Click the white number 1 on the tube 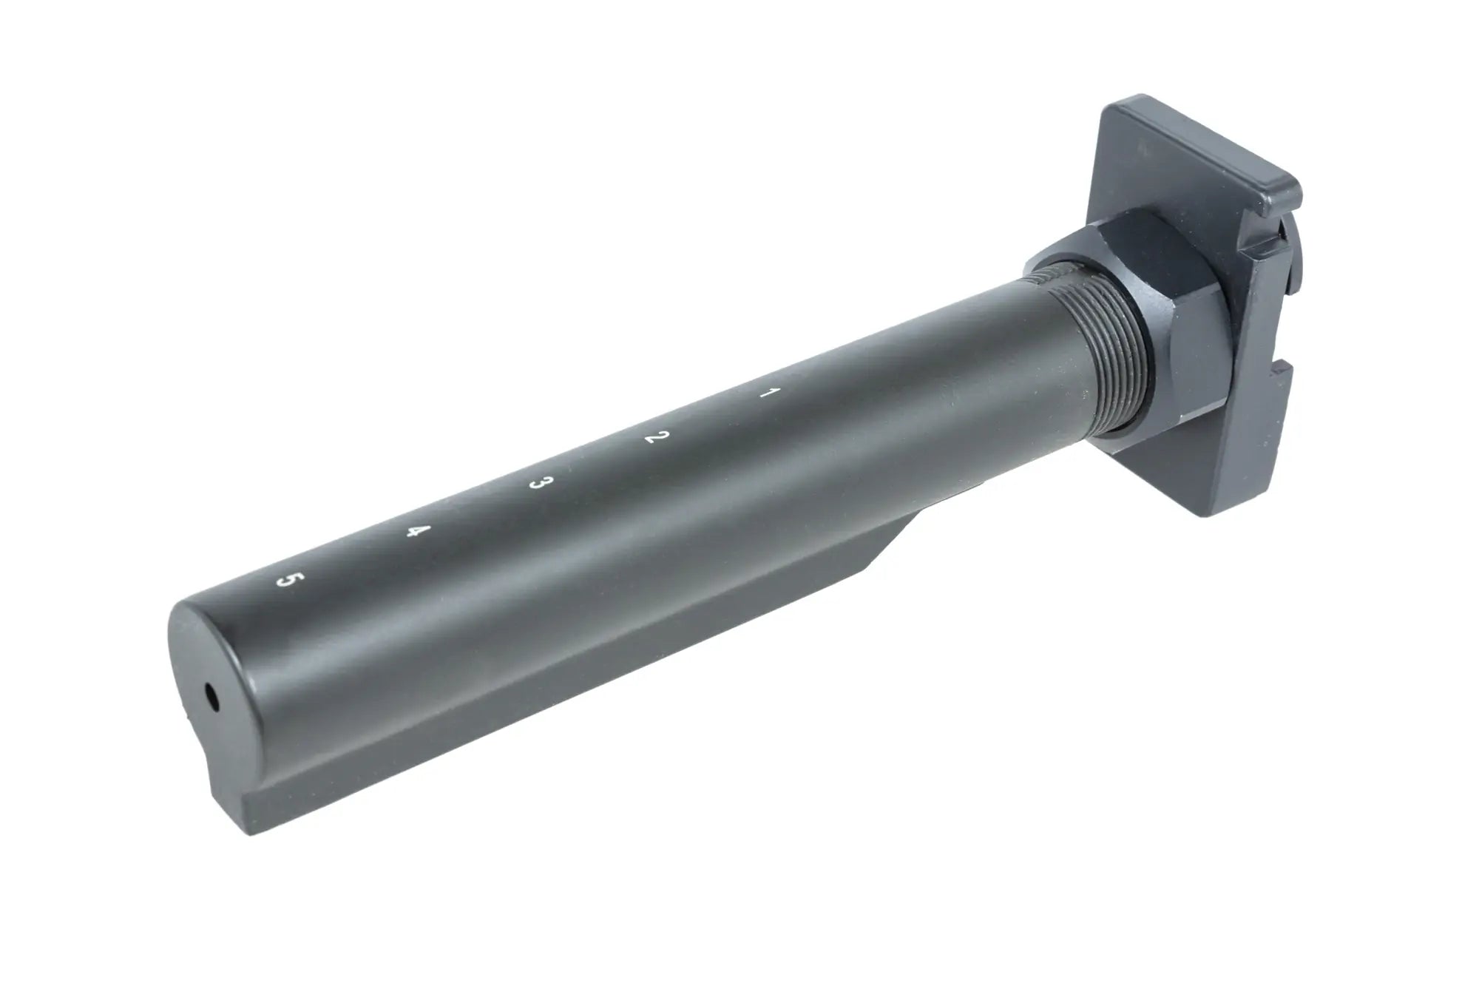(x=768, y=394)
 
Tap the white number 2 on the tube (x=654, y=436)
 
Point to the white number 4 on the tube (x=419, y=531)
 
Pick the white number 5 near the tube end (x=286, y=579)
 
